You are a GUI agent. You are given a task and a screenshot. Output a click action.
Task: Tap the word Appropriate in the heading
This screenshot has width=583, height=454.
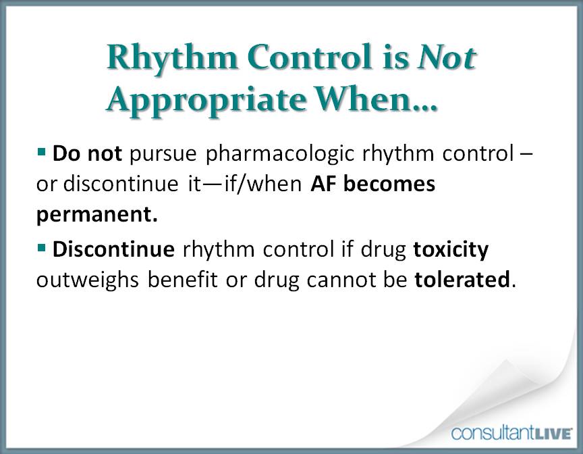(x=201, y=99)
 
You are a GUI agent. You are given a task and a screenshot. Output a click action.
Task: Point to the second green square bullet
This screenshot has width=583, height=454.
(x=41, y=248)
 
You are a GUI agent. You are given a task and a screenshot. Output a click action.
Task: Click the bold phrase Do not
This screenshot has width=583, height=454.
(x=87, y=154)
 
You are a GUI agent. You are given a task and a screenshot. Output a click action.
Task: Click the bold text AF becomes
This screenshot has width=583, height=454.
(x=372, y=185)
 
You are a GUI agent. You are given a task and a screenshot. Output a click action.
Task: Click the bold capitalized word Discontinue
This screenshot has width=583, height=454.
(x=113, y=249)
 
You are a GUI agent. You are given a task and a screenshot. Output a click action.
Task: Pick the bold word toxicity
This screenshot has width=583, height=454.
(x=451, y=249)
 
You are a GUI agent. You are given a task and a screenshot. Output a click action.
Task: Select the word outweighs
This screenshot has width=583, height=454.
(x=91, y=280)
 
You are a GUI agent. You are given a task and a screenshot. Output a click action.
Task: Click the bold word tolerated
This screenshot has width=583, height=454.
(x=462, y=280)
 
